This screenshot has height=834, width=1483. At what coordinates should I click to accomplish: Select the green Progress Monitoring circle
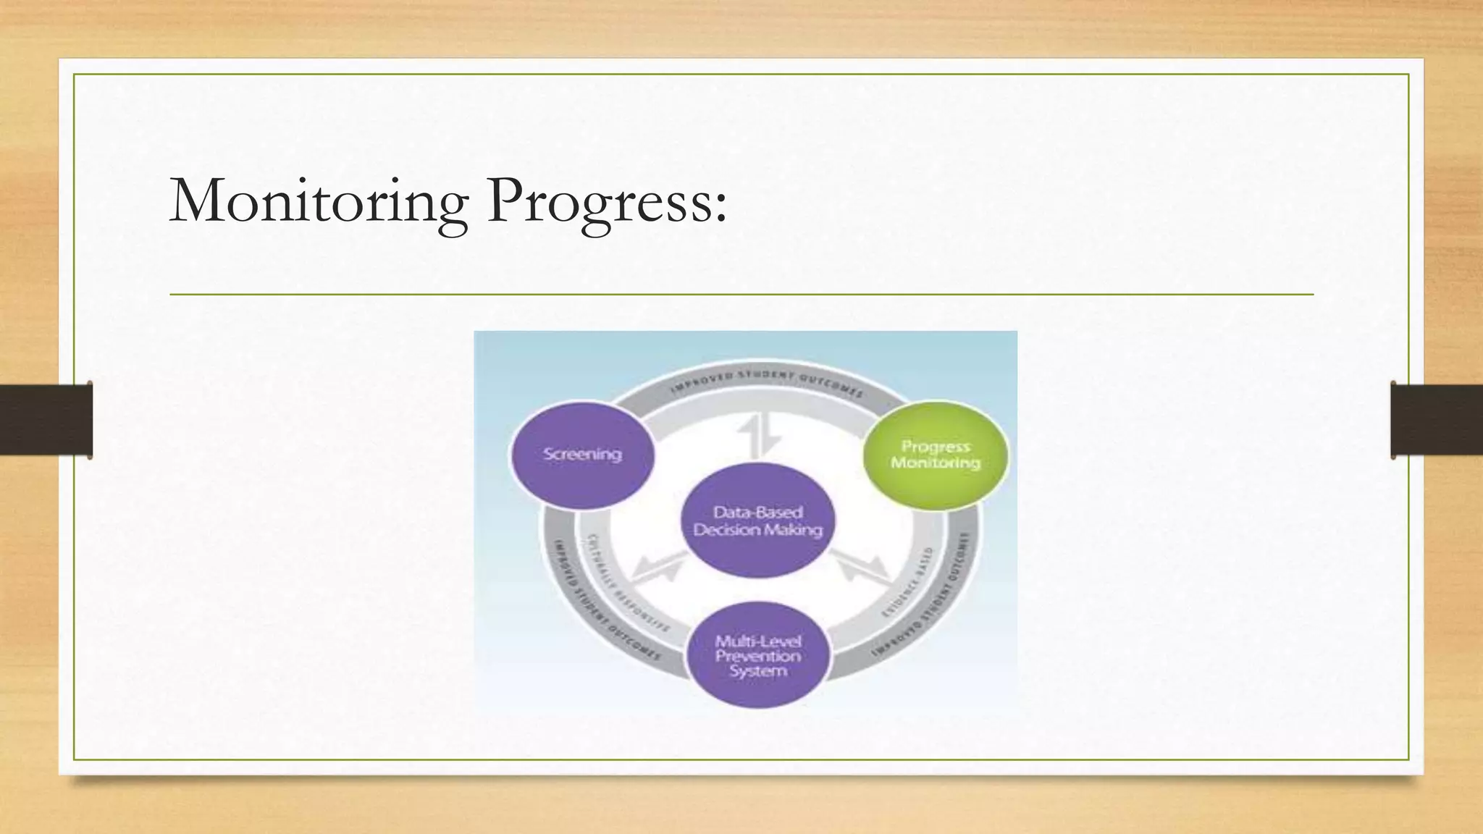click(x=935, y=455)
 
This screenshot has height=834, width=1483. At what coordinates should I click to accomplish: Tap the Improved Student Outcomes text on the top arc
click(x=766, y=382)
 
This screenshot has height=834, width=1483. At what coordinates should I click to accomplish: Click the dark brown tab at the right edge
click(x=1437, y=420)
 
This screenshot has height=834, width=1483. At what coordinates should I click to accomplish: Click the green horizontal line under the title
click(x=741, y=295)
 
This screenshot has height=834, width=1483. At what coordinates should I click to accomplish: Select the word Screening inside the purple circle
click(x=583, y=455)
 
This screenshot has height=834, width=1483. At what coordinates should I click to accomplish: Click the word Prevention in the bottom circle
click(x=758, y=657)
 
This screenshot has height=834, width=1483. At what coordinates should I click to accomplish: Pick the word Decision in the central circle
click(x=725, y=531)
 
